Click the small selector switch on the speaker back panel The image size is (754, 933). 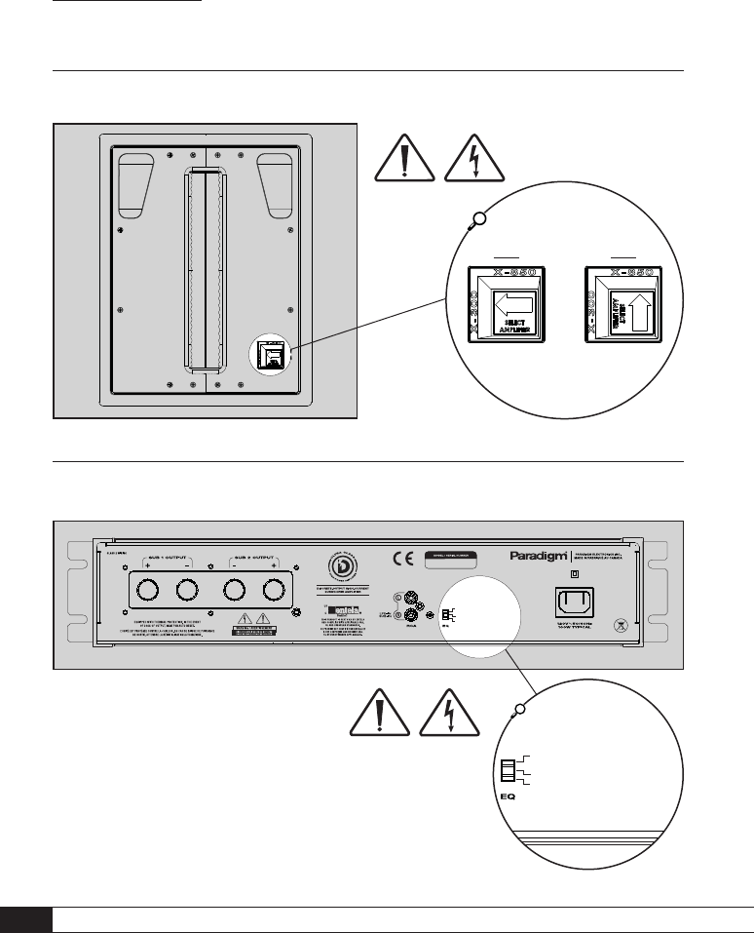[x=273, y=356]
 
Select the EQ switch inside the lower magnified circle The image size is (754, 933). [x=508, y=772]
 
